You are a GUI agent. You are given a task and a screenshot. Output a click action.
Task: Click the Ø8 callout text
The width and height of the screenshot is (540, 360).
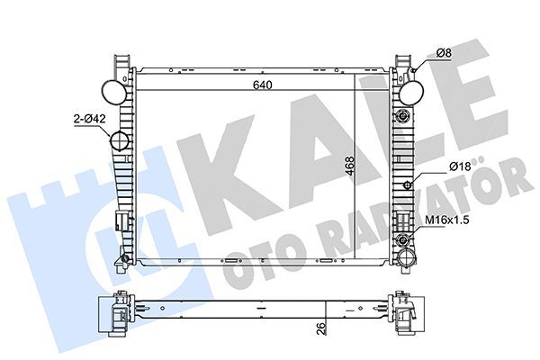click(x=444, y=54)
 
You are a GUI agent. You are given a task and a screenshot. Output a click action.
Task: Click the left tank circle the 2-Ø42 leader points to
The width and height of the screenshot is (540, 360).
click(x=119, y=142)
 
